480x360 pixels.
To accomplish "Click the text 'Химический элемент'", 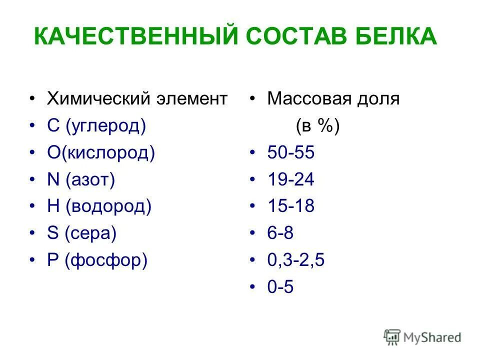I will click(137, 98).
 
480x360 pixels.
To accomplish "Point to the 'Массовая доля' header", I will click(333, 98).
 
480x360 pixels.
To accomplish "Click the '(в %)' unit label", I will click(317, 126).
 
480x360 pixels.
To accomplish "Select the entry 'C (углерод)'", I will click(96, 126).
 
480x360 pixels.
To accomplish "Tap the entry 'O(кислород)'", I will click(101, 152).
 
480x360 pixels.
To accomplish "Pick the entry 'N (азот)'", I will click(81, 179).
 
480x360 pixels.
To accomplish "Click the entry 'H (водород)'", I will click(99, 206).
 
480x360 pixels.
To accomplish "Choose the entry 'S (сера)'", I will click(82, 233).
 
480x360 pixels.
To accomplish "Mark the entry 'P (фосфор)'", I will click(97, 260).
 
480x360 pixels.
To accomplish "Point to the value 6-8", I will click(280, 233).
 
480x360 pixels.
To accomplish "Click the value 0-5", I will click(280, 287).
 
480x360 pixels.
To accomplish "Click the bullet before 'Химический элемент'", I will click(33, 99).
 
